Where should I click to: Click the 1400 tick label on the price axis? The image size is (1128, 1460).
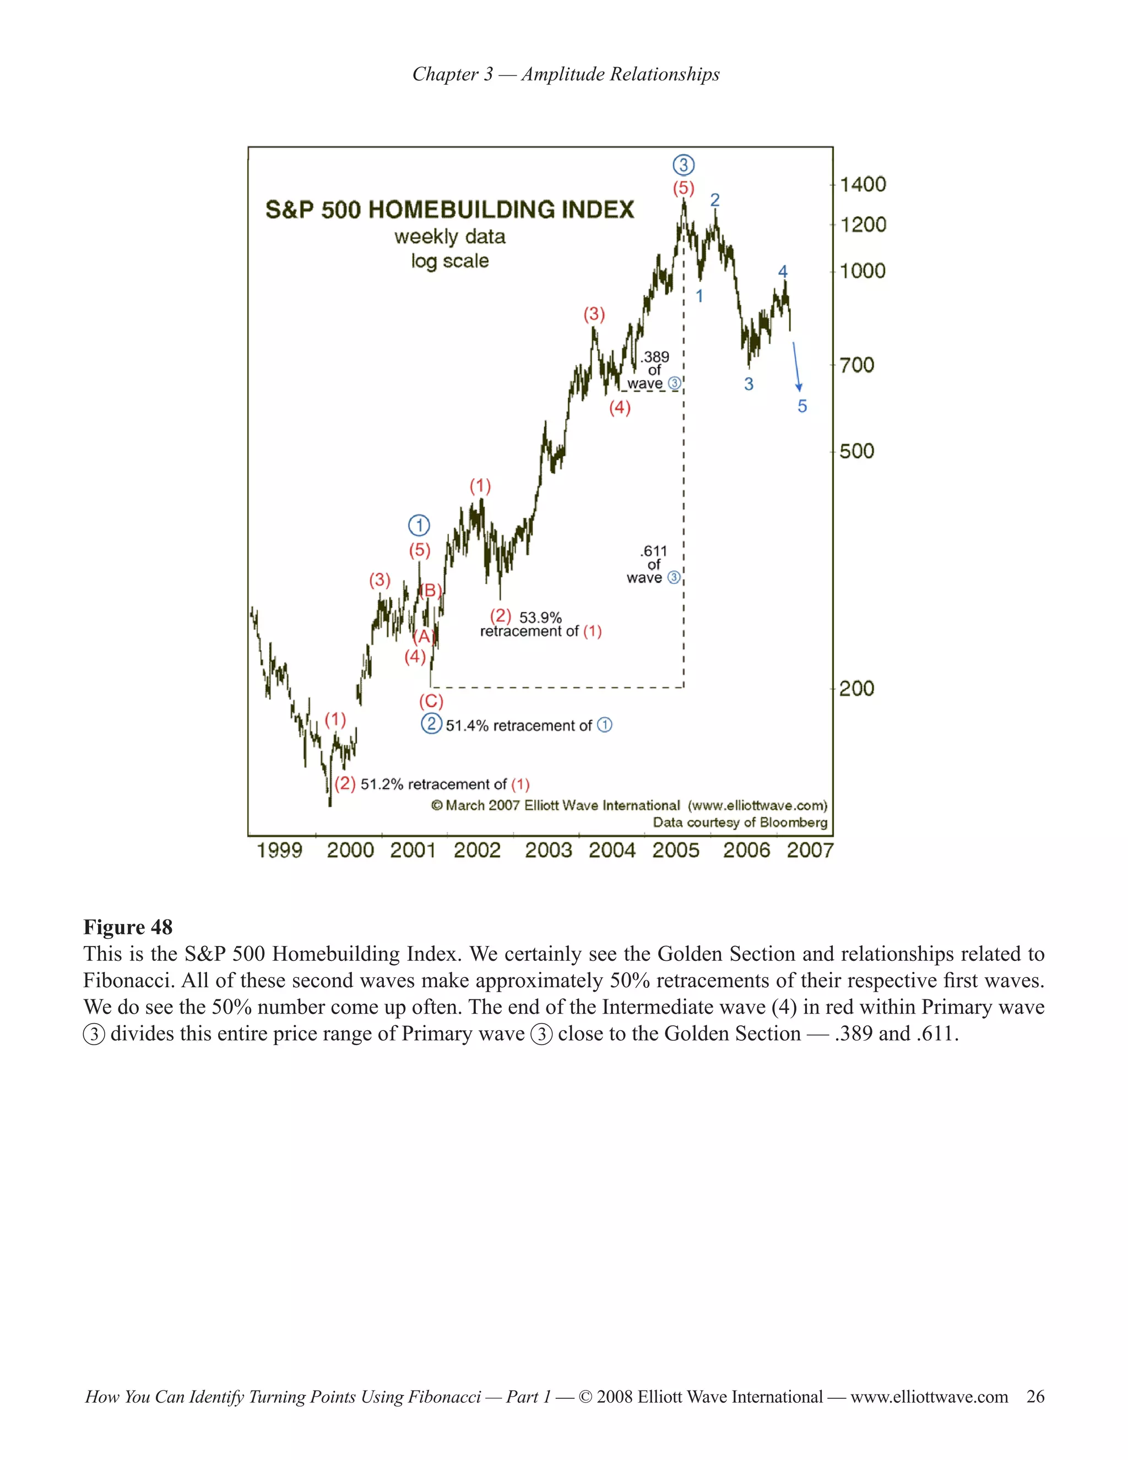click(x=862, y=185)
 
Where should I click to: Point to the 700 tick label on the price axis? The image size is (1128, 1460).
click(x=856, y=365)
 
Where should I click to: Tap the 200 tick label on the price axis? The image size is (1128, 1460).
click(x=856, y=688)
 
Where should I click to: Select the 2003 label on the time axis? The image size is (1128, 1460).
click(x=548, y=850)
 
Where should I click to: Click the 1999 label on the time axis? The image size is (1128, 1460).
click(x=279, y=850)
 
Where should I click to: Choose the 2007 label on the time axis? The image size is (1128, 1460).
click(x=810, y=850)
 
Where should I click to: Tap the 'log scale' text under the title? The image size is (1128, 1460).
click(x=450, y=261)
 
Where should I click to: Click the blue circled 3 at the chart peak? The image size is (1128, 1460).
click(x=683, y=164)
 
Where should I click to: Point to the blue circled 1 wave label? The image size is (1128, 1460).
click(x=419, y=526)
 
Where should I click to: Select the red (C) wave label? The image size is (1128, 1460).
click(x=431, y=701)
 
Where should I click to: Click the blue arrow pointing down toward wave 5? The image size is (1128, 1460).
click(x=796, y=366)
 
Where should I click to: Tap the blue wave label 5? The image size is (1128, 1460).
click(x=802, y=407)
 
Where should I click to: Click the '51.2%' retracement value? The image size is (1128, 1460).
click(x=382, y=784)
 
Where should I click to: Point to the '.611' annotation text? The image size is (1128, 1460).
click(x=654, y=551)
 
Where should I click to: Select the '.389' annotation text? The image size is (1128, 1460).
click(x=654, y=357)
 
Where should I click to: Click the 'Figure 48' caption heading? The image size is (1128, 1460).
click(x=128, y=927)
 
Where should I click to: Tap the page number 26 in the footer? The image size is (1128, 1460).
click(x=1035, y=1397)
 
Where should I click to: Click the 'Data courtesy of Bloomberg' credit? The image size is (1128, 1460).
click(x=740, y=822)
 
